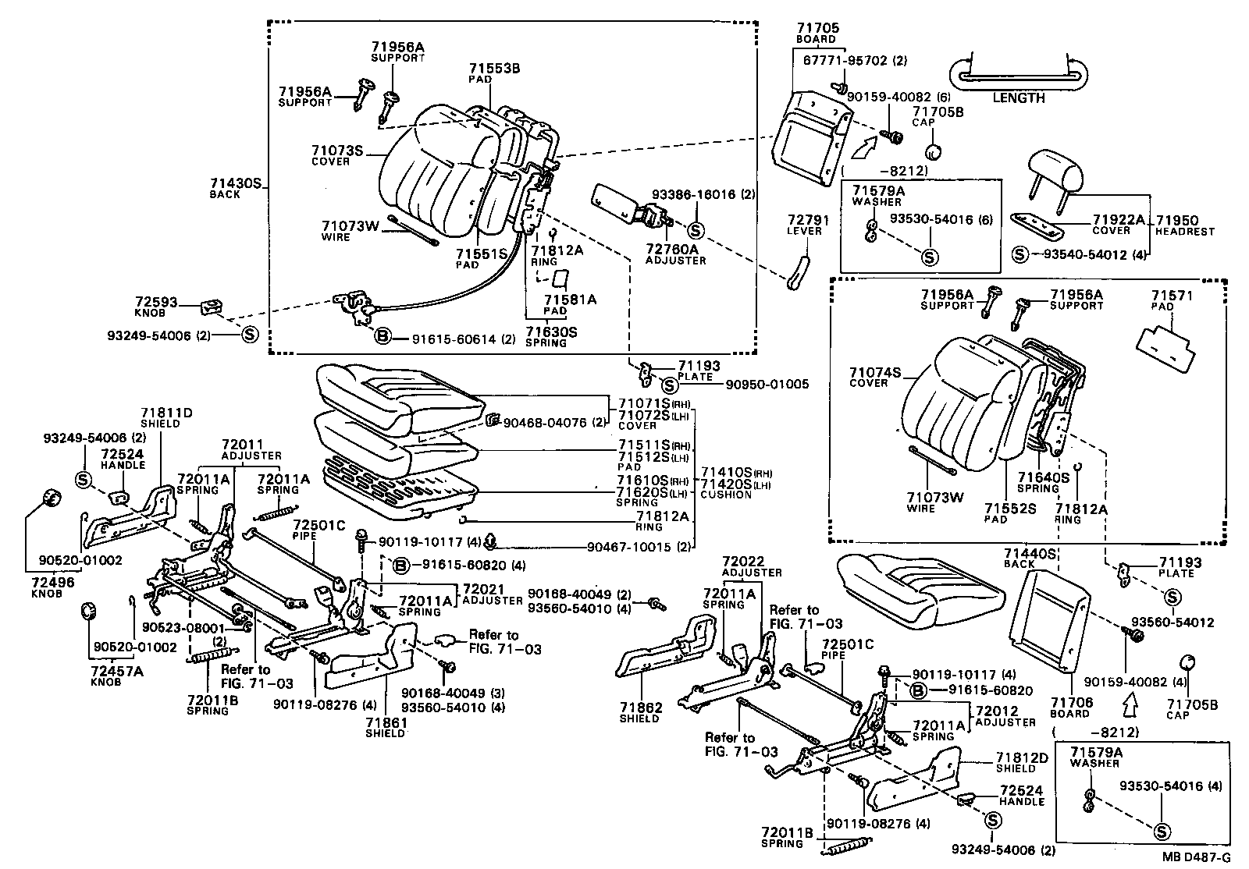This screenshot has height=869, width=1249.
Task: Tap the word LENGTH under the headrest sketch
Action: [x=1018, y=98]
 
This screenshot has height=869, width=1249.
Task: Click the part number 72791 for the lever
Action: [x=808, y=221]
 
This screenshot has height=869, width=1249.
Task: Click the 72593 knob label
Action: [x=156, y=302]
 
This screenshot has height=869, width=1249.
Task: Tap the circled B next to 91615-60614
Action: [x=383, y=337]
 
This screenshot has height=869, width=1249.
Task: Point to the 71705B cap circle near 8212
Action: [x=931, y=151]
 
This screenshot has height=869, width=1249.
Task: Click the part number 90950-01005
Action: [x=767, y=385]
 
